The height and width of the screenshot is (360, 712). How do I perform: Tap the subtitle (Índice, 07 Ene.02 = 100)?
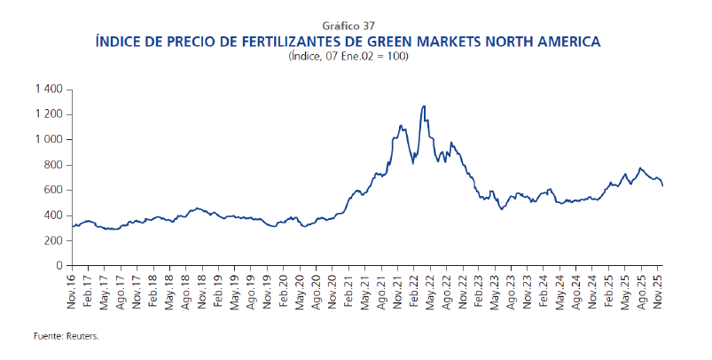[356, 56]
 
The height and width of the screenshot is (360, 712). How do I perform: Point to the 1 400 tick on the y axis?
[48, 90]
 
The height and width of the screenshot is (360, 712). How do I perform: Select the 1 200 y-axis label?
[48, 114]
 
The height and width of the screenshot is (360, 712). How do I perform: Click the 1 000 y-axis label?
[48, 140]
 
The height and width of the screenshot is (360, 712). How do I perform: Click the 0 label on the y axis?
[59, 266]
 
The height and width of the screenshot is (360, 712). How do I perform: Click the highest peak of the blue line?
[424, 106]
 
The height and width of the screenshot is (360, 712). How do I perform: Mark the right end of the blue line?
[662, 186]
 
